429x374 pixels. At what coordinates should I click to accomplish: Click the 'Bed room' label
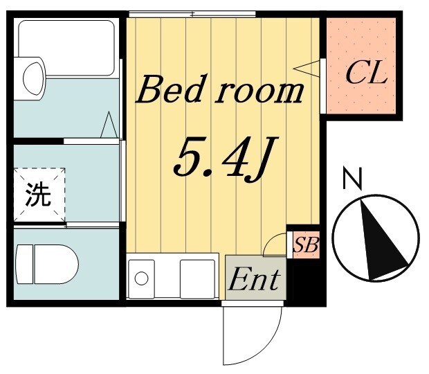(x=220, y=91)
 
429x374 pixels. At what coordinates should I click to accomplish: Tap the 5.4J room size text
(x=219, y=158)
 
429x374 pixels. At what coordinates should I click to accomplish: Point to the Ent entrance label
(x=254, y=279)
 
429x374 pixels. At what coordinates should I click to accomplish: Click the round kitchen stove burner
(x=142, y=278)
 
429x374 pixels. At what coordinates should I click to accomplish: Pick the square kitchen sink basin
(x=197, y=278)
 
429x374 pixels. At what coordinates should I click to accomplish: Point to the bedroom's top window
(x=192, y=14)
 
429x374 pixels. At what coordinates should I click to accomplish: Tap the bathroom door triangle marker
(x=109, y=125)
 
